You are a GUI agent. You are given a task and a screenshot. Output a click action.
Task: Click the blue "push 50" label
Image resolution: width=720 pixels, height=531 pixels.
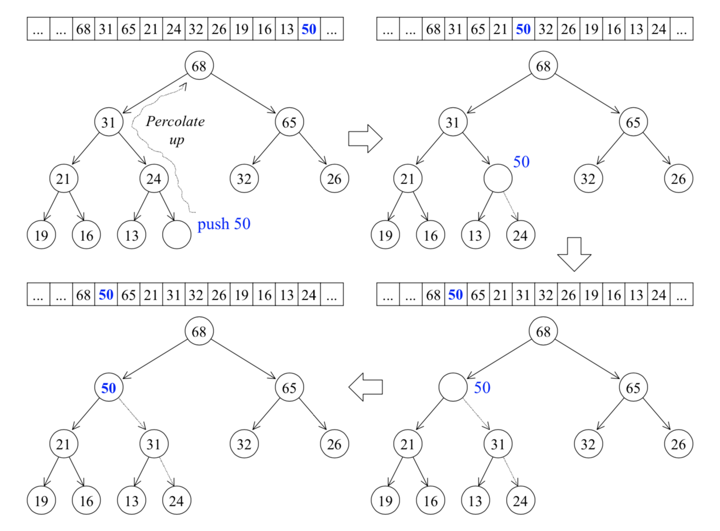223,224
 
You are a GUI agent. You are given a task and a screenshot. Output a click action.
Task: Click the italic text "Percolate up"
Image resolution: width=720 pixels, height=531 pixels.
175,130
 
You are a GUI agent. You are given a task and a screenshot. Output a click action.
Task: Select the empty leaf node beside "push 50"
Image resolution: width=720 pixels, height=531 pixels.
177,235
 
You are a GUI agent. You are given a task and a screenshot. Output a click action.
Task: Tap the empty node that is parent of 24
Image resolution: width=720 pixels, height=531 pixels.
498,179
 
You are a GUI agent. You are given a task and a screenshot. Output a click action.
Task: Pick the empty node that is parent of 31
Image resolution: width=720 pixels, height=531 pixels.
452,387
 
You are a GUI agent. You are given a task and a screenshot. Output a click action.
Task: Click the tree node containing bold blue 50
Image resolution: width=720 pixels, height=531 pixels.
108,388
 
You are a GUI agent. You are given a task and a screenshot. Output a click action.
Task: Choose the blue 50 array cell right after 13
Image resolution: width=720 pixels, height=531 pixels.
309,29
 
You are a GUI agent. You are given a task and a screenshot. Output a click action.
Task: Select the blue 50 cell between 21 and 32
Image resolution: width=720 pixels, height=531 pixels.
523,29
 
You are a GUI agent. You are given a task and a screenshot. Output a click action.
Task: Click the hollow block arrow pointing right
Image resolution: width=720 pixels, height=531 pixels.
365,138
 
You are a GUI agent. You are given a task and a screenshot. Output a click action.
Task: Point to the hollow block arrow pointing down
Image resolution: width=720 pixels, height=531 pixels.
574,254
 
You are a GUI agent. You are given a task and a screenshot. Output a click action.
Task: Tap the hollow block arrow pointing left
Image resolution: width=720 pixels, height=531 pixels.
366,387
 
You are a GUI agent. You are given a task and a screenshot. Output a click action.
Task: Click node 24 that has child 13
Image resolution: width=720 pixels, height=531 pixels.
154,179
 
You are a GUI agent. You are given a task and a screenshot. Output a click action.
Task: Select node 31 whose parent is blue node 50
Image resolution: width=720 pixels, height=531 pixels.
154,444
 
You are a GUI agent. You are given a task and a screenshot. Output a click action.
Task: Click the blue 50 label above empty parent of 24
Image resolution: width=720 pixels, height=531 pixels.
521,161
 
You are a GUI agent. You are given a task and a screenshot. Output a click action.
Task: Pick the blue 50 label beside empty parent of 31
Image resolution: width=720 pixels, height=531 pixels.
482,387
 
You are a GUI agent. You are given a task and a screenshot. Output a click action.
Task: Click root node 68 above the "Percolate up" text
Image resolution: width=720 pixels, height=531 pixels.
199,66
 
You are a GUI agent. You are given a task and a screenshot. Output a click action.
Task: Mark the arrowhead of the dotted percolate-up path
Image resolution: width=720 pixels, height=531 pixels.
184,85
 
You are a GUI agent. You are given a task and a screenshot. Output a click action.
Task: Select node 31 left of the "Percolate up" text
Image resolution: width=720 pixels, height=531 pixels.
108,122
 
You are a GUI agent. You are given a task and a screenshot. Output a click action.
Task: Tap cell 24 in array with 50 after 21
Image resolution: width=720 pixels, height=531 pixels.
659,29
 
